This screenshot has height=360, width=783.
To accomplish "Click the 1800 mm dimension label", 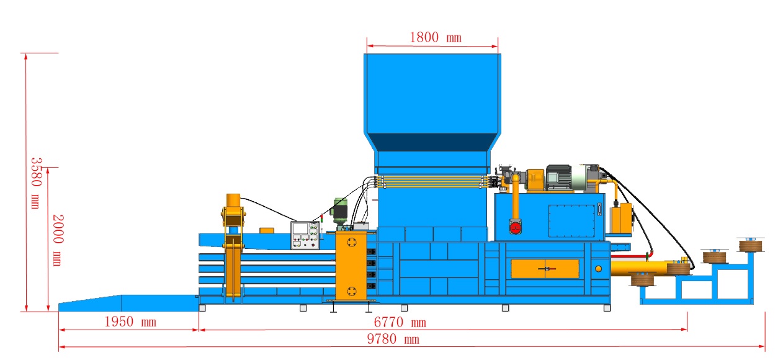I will click(436, 37).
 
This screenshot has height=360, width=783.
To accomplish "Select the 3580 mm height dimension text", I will click(35, 182).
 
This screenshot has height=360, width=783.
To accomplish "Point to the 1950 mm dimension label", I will click(130, 322).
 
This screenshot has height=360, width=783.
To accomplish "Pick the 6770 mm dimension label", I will click(400, 322).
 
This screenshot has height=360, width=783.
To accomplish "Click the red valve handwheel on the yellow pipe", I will click(514, 228).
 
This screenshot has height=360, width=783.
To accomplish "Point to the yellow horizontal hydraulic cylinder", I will click(639, 268).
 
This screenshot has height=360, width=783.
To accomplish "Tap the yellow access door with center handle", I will click(545, 268).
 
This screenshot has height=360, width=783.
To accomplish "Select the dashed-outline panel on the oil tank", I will click(571, 220).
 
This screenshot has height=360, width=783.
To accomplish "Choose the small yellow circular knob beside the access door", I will click(598, 268).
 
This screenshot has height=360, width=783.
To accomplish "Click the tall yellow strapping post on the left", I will click(233, 248).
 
